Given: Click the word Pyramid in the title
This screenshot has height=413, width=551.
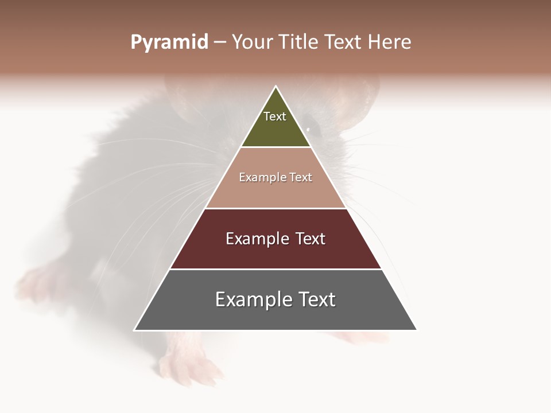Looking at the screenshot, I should [x=169, y=42].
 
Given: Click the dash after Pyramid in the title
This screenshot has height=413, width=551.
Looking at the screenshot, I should [x=220, y=42].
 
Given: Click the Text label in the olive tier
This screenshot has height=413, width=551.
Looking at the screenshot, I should [x=275, y=116].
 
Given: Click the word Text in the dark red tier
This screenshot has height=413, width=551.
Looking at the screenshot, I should [x=311, y=239].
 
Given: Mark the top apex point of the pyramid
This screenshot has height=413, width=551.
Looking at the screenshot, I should [x=276, y=87].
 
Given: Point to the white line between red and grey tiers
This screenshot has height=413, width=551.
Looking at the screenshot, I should [x=275, y=269].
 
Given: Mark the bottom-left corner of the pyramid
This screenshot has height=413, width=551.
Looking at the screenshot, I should [x=134, y=330].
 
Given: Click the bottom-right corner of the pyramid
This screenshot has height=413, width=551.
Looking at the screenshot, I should [x=417, y=330].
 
